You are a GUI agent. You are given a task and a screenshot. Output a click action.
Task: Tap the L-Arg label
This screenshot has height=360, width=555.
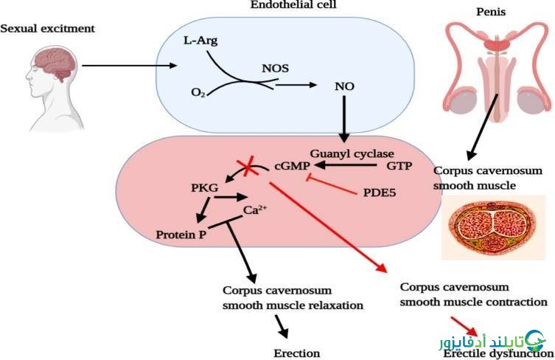click(200, 41)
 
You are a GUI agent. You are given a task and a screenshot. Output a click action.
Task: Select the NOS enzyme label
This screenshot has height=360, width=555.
click(275, 68)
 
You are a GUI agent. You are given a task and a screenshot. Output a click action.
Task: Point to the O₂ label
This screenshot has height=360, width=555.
click(198, 92)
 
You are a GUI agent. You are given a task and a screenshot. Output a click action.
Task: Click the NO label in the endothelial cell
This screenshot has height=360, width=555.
click(344, 86)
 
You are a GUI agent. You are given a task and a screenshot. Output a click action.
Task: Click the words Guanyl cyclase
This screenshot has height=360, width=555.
click(352, 153)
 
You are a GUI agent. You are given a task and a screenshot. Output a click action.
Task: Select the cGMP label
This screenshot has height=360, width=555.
click(292, 165)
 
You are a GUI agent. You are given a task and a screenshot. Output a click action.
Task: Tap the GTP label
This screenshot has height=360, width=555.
click(399, 165)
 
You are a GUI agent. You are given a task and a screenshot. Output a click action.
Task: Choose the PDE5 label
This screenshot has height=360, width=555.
click(380, 193)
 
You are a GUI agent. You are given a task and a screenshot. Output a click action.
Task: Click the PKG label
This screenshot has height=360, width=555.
click(205, 187)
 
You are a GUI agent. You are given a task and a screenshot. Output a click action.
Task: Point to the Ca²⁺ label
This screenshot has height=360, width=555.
click(255, 210)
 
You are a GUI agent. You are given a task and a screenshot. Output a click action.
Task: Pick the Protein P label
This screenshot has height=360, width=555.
click(181, 235)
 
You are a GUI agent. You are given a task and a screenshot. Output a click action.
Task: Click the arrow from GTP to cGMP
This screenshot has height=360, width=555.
click(345, 165)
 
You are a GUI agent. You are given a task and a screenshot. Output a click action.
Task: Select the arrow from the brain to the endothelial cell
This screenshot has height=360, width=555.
click(129, 66)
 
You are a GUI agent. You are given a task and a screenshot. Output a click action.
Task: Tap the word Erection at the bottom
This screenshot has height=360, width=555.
click(296, 353)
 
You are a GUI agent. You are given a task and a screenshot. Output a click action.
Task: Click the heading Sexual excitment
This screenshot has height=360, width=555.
click(47, 28)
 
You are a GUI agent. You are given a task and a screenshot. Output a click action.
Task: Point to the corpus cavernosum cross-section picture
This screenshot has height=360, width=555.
click(493, 227)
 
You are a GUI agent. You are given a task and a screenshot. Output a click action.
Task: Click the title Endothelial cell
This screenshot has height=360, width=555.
click(293, 4)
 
